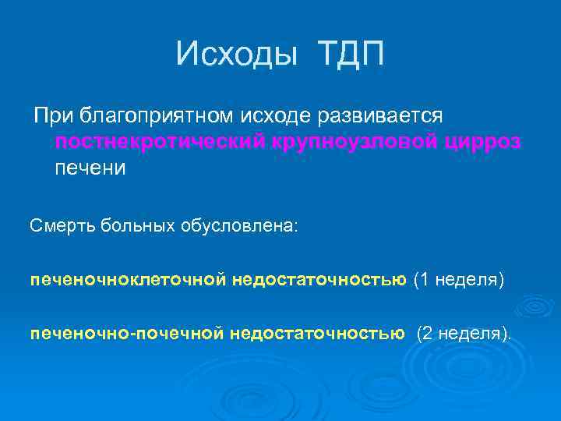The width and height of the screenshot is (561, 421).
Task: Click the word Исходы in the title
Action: point(238,54)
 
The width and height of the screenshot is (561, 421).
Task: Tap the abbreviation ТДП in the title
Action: point(351,54)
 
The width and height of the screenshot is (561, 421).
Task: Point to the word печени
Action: point(90,168)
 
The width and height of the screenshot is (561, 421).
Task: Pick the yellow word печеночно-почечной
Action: point(127,334)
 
